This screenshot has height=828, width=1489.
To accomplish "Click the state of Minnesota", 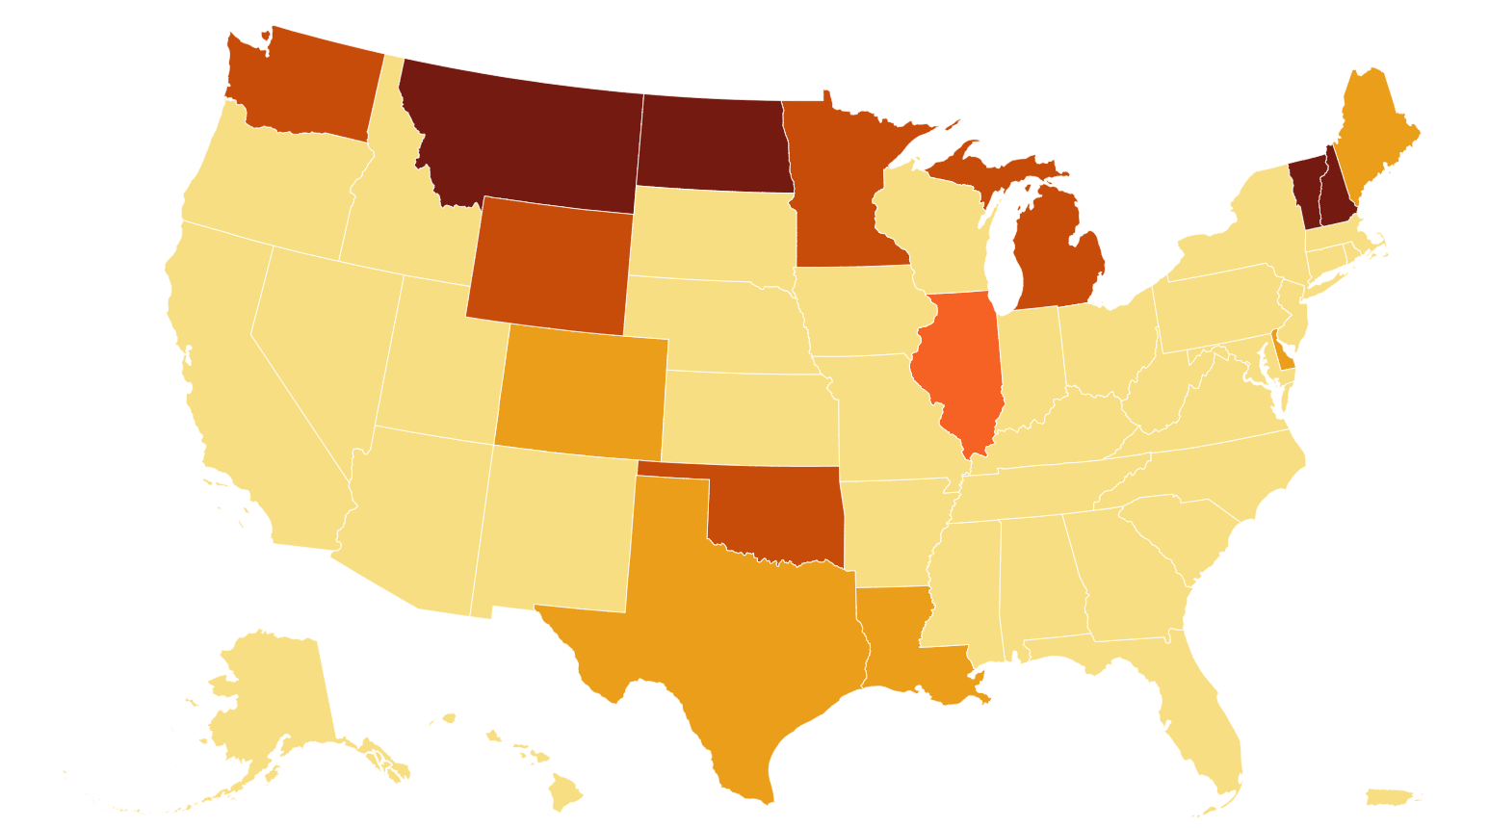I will [x=838, y=193].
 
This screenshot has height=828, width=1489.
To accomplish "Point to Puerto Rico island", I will [x=1389, y=797].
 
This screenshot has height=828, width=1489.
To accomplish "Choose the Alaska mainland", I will [x=270, y=693].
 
